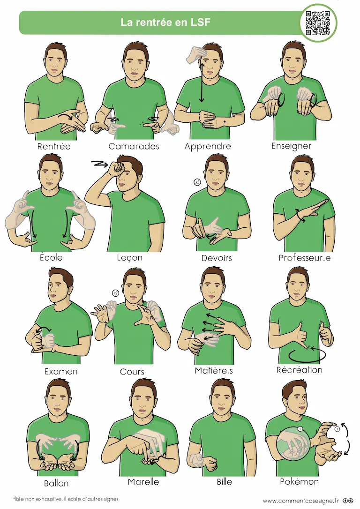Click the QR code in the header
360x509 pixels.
pos(318,22)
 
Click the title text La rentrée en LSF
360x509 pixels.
pos(165,22)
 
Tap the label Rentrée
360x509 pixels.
pos(54,146)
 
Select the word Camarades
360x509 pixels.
pos(134,146)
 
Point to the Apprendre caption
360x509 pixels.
pos(208,147)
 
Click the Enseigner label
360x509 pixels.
pos(291,146)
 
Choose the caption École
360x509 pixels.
pos(51,257)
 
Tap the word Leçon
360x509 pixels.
pos(129,258)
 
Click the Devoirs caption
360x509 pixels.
pos(217,258)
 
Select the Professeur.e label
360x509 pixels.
pos(305,258)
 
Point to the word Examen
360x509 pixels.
pos(61,371)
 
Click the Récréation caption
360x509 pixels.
pos(299,370)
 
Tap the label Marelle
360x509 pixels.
pos(143,482)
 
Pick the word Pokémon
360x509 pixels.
pos(299,481)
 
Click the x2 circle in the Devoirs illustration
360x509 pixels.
pos(197,182)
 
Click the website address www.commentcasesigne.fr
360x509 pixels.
pos(300,501)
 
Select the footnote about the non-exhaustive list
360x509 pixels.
pos(66,499)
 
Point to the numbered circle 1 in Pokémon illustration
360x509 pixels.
pos(300,429)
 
